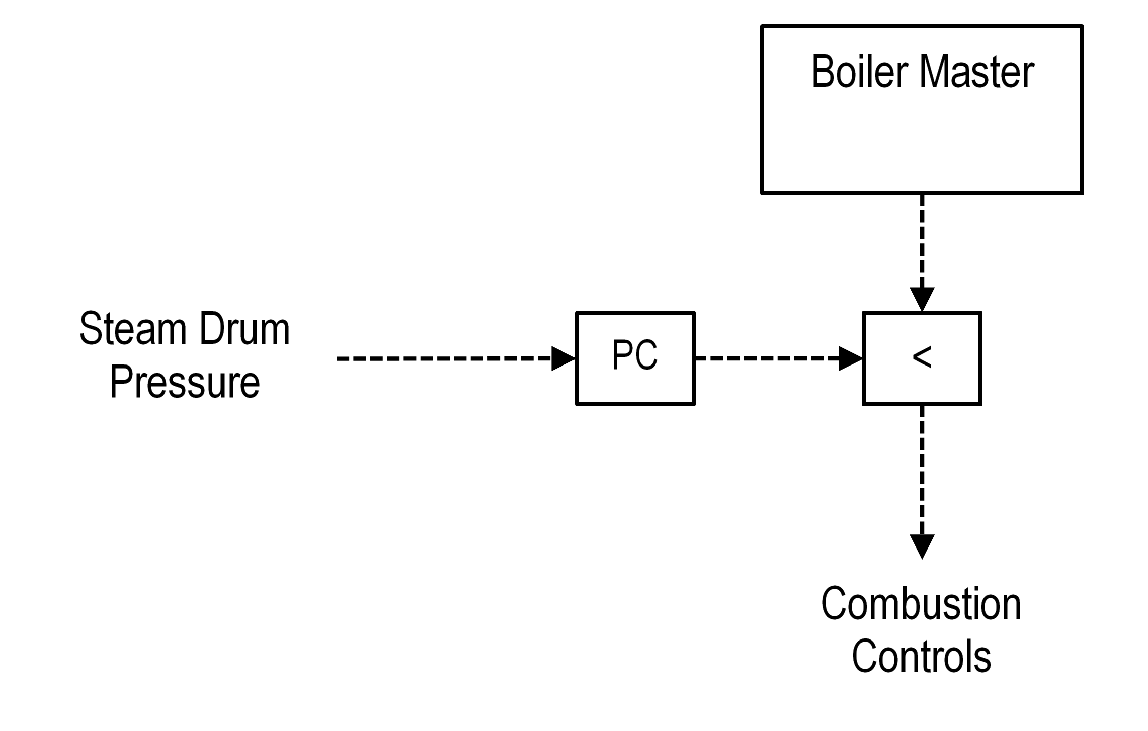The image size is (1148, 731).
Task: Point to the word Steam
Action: click(x=133, y=329)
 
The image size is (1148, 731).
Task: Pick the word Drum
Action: click(x=244, y=329)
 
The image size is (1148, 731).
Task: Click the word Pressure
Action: click(x=185, y=382)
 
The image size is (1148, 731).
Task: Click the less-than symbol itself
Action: click(x=922, y=357)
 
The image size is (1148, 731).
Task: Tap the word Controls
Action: click(x=921, y=656)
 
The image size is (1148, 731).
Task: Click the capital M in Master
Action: click(x=934, y=72)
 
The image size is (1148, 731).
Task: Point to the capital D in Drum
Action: click(x=210, y=329)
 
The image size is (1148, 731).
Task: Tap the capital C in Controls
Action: click(x=863, y=656)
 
